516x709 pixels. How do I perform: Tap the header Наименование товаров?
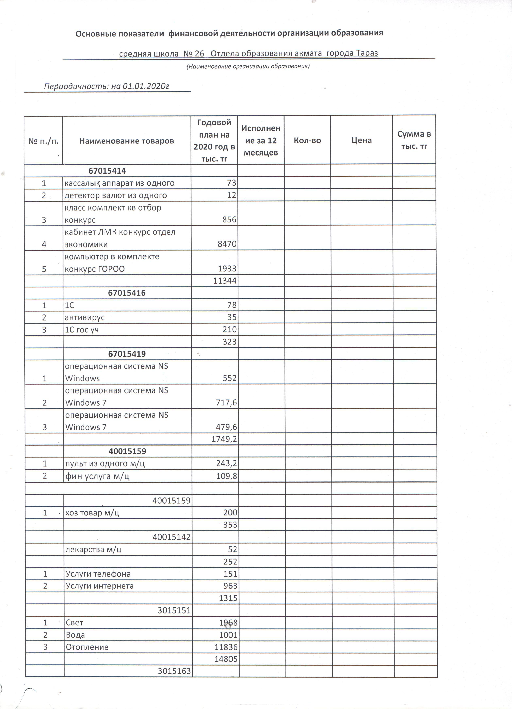128,142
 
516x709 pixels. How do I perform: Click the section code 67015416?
128,295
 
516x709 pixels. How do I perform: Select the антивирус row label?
85,320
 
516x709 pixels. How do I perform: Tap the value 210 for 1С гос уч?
232,332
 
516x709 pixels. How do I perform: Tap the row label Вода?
76,640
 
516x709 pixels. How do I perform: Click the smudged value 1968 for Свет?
230,628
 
